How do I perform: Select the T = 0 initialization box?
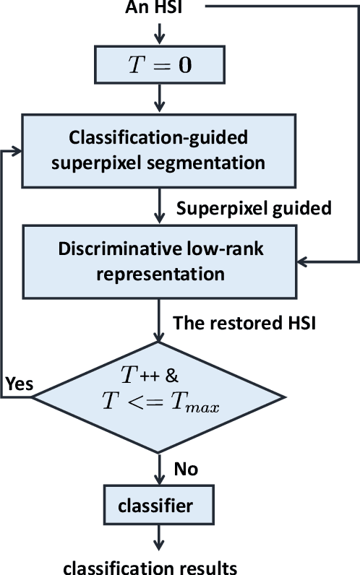click(x=158, y=64)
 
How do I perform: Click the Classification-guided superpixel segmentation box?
click(x=158, y=150)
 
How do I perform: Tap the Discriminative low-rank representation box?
click(x=158, y=261)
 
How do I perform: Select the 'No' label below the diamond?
click(x=187, y=470)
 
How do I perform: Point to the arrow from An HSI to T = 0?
click(x=158, y=32)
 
